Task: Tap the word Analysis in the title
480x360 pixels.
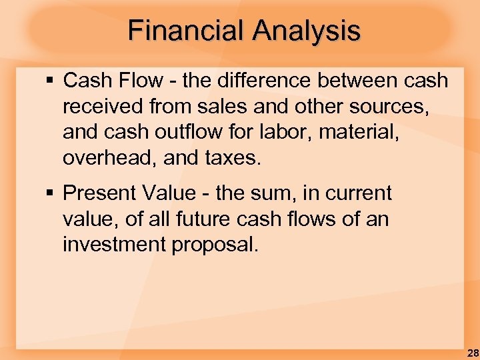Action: click(x=306, y=31)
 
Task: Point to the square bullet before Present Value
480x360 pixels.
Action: click(x=51, y=194)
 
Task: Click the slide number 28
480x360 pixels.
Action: click(x=472, y=353)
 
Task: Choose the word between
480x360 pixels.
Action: click(x=357, y=81)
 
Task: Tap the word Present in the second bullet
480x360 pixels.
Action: click(x=99, y=193)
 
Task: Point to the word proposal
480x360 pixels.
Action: click(x=215, y=245)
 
